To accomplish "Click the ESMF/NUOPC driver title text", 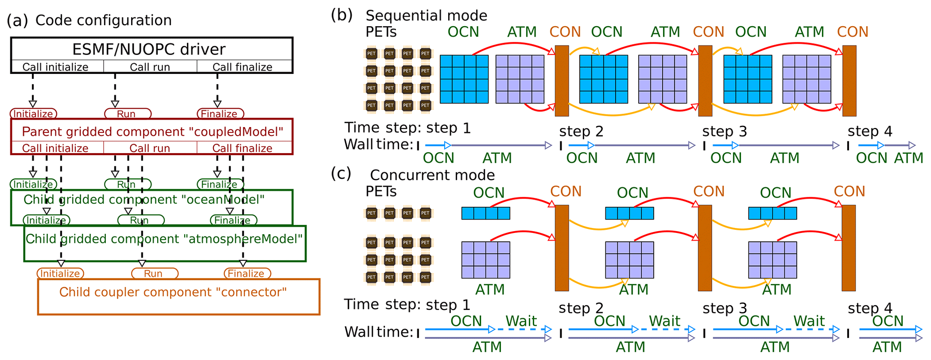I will (149, 49).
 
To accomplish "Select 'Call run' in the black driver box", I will (150, 67).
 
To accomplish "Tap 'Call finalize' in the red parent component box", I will (242, 148).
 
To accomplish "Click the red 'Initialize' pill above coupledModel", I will (33, 114).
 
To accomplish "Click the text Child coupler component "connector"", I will (173, 292).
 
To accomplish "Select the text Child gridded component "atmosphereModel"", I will (164, 239).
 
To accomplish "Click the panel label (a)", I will (17, 20).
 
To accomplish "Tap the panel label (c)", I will (341, 173).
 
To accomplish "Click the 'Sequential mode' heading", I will (426, 16).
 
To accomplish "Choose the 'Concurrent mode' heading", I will (432, 175).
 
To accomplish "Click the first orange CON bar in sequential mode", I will (562, 81).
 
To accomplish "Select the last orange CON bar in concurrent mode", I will (849, 248).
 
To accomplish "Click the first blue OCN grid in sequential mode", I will (464, 79).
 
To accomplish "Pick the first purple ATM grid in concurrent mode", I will (486, 260).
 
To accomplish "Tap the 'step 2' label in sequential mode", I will (581, 132).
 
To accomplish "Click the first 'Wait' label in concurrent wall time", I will (521, 321).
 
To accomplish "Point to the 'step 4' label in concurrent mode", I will (869, 308).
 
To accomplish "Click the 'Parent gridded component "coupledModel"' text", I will (152, 132).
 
